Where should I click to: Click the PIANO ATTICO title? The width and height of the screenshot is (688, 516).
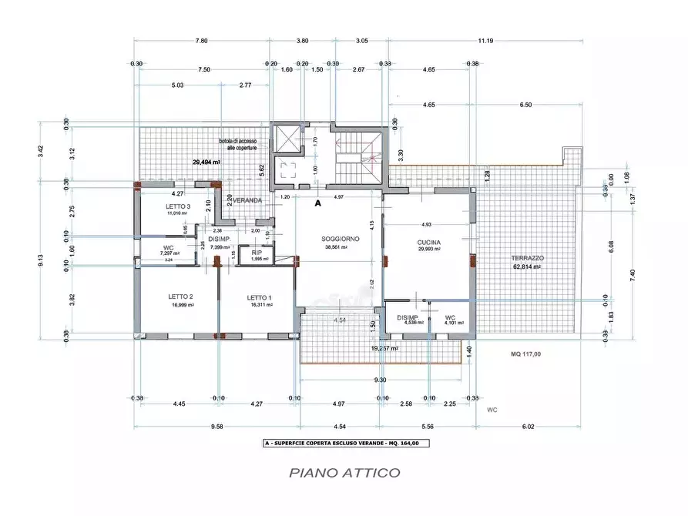344,472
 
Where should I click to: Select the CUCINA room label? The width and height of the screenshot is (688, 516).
430,240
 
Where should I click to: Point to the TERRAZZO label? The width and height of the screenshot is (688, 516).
528,257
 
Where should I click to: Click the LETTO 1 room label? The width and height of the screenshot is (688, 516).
260,297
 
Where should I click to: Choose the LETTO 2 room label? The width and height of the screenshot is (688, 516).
180,297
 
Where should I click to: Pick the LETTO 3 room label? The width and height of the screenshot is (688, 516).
178,207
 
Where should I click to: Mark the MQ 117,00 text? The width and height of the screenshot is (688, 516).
526,354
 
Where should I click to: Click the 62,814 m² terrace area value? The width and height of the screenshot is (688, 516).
526,266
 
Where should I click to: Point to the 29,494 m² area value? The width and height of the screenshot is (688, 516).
206,163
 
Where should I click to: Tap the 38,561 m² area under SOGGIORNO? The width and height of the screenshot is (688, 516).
335,247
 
